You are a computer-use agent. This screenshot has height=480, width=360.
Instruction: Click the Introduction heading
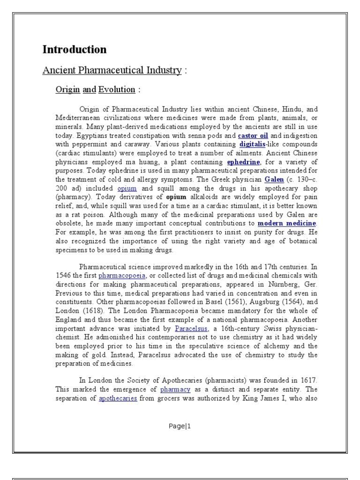[75, 50]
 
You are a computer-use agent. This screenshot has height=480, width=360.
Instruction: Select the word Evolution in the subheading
[117, 90]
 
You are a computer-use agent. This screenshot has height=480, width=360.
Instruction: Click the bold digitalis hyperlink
[253, 144]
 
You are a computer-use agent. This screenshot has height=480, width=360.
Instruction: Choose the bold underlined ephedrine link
[243, 162]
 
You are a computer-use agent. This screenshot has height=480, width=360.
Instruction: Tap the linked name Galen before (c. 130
[274, 180]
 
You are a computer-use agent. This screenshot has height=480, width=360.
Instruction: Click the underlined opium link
[127, 188]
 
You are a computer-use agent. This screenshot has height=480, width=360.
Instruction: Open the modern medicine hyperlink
[287, 224]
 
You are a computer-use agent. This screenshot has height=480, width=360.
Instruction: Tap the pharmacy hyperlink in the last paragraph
[175, 389]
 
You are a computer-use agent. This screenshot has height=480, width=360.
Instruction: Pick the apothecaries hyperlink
[118, 398]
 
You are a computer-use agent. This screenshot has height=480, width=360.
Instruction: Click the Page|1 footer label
[180, 426]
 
